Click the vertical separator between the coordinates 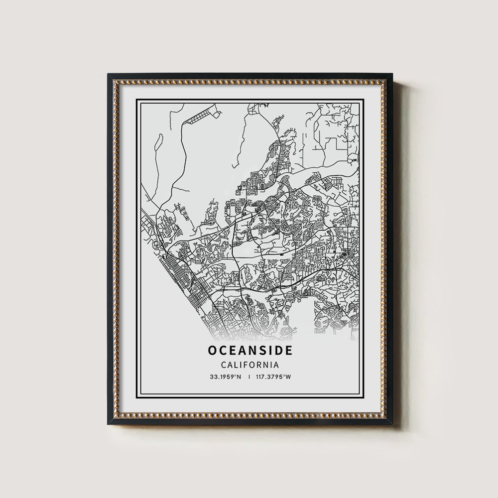249,377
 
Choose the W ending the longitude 288,377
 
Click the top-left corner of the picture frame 108,75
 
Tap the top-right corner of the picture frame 391,75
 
